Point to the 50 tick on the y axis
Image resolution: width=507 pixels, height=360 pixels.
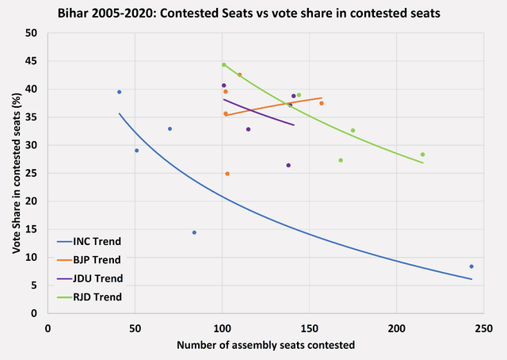point(32,33)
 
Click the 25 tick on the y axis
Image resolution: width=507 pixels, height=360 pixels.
point(32,174)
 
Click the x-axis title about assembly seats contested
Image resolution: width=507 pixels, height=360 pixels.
point(265,345)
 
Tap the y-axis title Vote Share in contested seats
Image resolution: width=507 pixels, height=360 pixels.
point(15,173)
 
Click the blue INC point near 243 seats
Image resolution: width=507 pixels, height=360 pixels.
point(471,266)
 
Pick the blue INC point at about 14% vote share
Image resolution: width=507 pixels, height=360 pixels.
point(194,232)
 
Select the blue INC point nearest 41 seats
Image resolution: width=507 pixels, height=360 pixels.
point(119,92)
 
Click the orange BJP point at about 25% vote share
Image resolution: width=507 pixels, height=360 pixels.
point(227,174)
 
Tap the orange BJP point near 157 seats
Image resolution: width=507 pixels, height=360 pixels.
point(322,103)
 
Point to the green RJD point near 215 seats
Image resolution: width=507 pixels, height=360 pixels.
point(423,155)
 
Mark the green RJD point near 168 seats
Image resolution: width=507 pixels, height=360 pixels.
point(341,160)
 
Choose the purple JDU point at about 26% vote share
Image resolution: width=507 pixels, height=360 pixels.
point(288,165)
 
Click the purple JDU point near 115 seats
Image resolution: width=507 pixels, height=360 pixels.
point(248,129)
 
